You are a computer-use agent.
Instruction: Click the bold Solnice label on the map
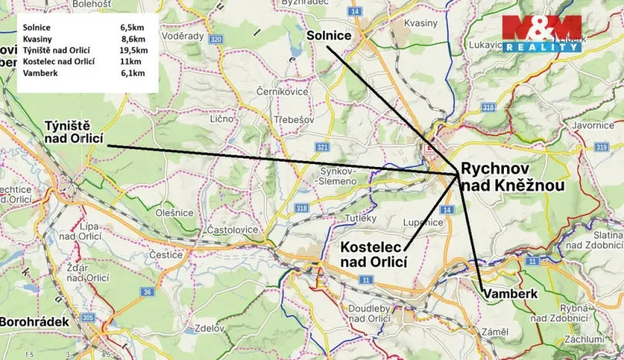tap(329, 36)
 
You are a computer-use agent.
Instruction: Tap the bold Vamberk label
tap(509, 294)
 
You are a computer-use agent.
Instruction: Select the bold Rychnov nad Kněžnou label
tap(512, 178)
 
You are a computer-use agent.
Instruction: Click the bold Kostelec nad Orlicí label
tap(373, 255)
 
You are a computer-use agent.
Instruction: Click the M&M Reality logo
tap(542, 33)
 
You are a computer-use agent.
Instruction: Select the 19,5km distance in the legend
tap(133, 50)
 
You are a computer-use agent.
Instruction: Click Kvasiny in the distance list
tap(38, 39)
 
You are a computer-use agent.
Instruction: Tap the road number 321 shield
tap(322, 147)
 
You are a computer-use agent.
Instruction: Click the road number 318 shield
tap(302, 208)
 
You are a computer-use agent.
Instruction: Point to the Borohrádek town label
tap(35, 322)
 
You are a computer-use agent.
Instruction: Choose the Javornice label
tap(592, 124)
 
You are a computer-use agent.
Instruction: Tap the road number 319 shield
tap(601, 146)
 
